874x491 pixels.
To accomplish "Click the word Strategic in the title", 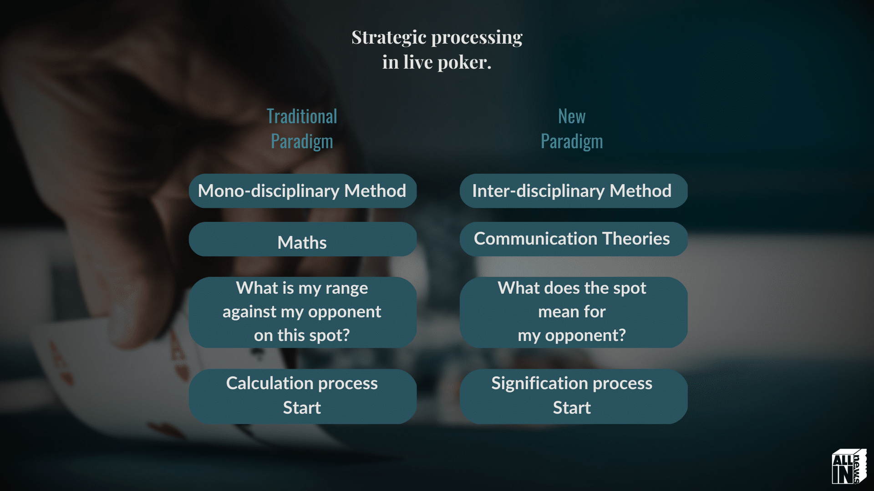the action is [389, 38].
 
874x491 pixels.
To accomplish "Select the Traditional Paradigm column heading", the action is [302, 129].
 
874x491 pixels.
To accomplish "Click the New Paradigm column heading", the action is [572, 129].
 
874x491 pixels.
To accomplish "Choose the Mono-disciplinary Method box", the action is [303, 191].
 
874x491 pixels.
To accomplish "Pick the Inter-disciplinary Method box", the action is [574, 191].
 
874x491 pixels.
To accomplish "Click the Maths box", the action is [303, 239].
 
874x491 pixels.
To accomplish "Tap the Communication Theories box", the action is [574, 239].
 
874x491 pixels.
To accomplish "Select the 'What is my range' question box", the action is [303, 312].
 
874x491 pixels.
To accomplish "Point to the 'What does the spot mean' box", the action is [574, 312].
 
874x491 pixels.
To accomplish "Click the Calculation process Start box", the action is [303, 396].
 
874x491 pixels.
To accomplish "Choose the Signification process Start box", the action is [574, 396].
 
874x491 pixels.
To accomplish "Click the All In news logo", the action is [849, 466].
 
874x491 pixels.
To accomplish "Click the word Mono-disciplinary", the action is [269, 191].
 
